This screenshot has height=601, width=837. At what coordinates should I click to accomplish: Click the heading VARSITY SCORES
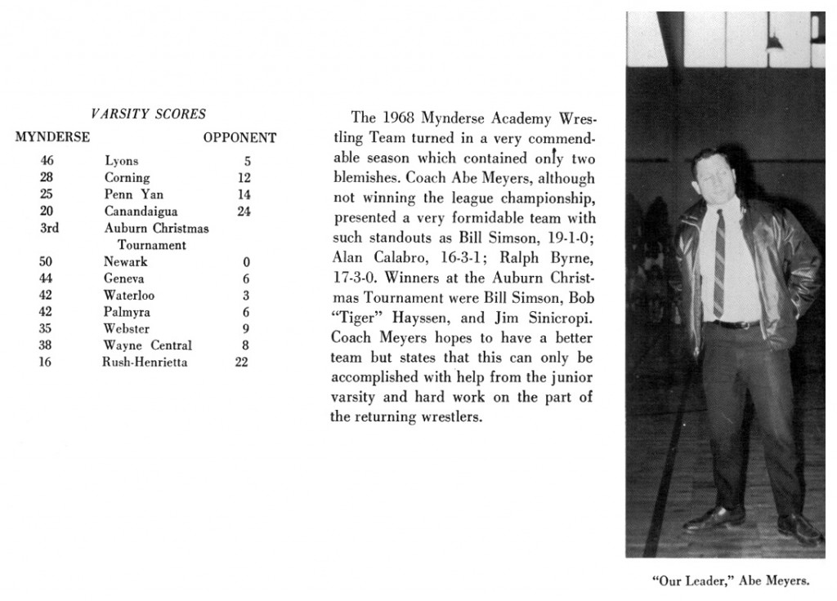pos(148,114)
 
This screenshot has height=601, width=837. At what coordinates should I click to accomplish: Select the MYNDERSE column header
pos(52,137)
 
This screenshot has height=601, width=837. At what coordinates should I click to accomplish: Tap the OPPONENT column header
pos(239,137)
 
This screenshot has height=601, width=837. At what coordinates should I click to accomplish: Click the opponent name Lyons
pos(121,161)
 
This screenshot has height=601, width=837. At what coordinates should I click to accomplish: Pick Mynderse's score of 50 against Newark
pos(47,262)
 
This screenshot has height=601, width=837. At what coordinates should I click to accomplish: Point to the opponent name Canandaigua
pos(141,211)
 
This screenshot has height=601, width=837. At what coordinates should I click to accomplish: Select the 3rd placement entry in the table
pos(49,229)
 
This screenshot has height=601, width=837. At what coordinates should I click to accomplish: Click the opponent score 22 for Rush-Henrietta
pos(241,362)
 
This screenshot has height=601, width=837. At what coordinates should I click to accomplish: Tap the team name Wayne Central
pos(148,345)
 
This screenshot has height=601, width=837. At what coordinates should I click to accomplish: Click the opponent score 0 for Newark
pos(246,262)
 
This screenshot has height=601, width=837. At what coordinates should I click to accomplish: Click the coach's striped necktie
pos(718,261)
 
